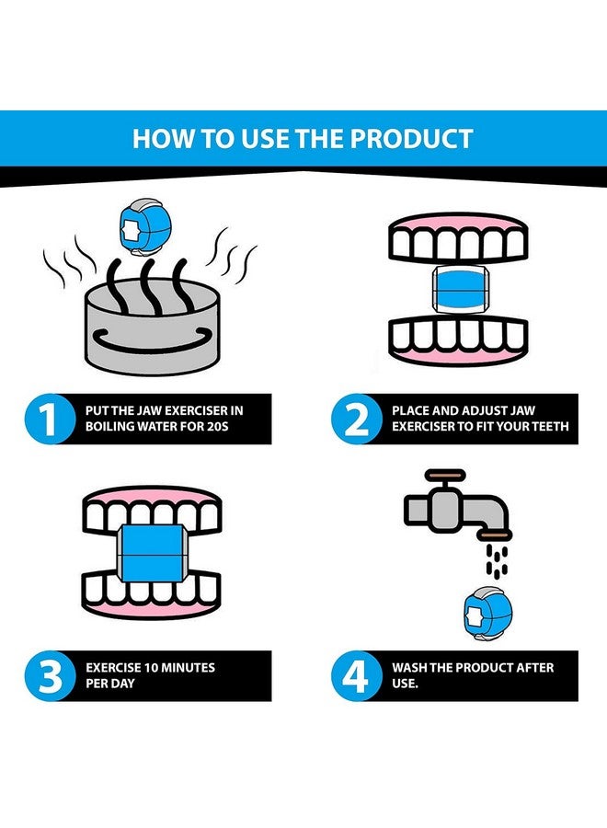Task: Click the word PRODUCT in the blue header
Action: [x=411, y=139]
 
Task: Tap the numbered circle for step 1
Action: [x=50, y=419]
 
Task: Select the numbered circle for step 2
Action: [x=356, y=419]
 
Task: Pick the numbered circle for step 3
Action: [x=50, y=676]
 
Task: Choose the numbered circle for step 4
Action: [x=356, y=676]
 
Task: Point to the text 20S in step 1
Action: [x=217, y=426]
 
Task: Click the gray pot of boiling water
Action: [x=152, y=328]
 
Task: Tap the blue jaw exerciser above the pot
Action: [x=138, y=227]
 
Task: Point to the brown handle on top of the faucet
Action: [x=445, y=474]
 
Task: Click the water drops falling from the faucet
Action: [x=497, y=561]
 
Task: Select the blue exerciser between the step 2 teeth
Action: [x=458, y=289]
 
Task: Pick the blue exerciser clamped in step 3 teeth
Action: [x=152, y=554]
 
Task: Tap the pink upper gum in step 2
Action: [x=458, y=222]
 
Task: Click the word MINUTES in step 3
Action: [x=188, y=668]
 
